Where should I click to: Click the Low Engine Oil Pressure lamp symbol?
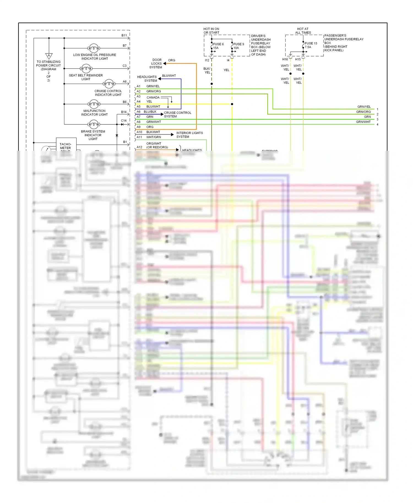[x=94, y=48]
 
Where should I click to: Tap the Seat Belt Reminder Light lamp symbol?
[x=86, y=68]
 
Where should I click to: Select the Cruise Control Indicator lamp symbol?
[x=109, y=84]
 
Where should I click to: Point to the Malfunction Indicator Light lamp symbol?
[x=94, y=104]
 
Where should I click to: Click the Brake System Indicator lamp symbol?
[x=94, y=124]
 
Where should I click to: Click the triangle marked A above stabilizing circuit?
[x=49, y=56]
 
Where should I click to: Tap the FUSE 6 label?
[x=218, y=44]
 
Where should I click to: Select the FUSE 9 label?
[x=238, y=44]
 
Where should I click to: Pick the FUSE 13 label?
[x=311, y=43]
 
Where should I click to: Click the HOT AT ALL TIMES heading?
[x=303, y=31]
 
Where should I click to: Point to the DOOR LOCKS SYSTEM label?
[x=156, y=64]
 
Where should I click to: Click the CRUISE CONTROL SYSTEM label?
[x=177, y=114]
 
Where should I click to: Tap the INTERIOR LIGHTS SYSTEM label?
[x=189, y=135]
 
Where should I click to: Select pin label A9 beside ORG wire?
[x=138, y=127]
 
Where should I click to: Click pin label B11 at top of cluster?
[x=124, y=35]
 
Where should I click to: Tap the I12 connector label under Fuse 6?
[x=207, y=60]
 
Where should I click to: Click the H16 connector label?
[x=285, y=59]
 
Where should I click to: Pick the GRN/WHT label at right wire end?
[x=363, y=122]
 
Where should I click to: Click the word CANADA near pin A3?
[x=153, y=97]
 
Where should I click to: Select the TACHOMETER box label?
[x=66, y=146]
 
